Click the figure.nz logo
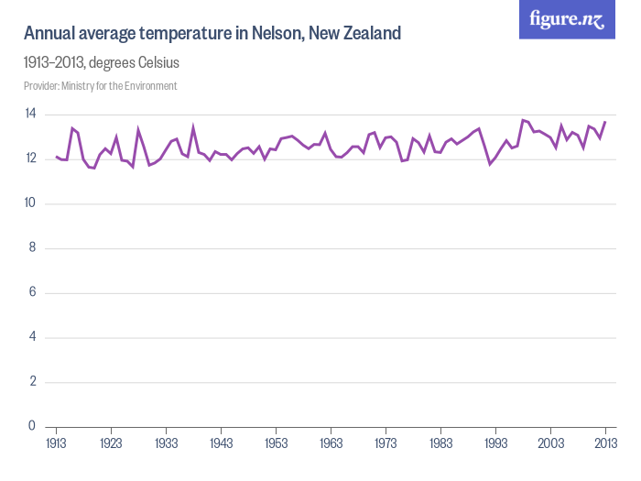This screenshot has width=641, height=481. (x=567, y=19)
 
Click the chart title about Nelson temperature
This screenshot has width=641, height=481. (x=212, y=34)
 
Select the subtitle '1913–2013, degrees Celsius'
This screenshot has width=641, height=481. (x=102, y=63)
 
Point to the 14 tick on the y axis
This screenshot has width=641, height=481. (x=30, y=115)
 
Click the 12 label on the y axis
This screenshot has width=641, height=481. (x=30, y=159)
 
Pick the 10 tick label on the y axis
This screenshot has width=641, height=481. (x=30, y=203)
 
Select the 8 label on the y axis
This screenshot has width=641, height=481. (x=32, y=247)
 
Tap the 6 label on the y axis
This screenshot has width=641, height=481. (x=32, y=292)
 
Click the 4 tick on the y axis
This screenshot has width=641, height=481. (x=32, y=336)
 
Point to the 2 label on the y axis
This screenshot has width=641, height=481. (x=32, y=381)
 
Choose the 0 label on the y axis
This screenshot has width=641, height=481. (x=32, y=426)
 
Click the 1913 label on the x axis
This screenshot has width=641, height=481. (x=56, y=443)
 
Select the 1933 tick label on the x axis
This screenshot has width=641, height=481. (x=166, y=443)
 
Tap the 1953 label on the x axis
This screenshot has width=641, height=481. (x=276, y=443)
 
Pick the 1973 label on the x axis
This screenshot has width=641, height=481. (x=386, y=443)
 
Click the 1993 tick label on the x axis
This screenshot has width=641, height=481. (x=495, y=443)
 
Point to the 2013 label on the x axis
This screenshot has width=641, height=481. (x=605, y=443)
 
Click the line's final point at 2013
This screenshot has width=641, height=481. (x=605, y=122)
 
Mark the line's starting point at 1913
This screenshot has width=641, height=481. (x=56, y=157)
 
